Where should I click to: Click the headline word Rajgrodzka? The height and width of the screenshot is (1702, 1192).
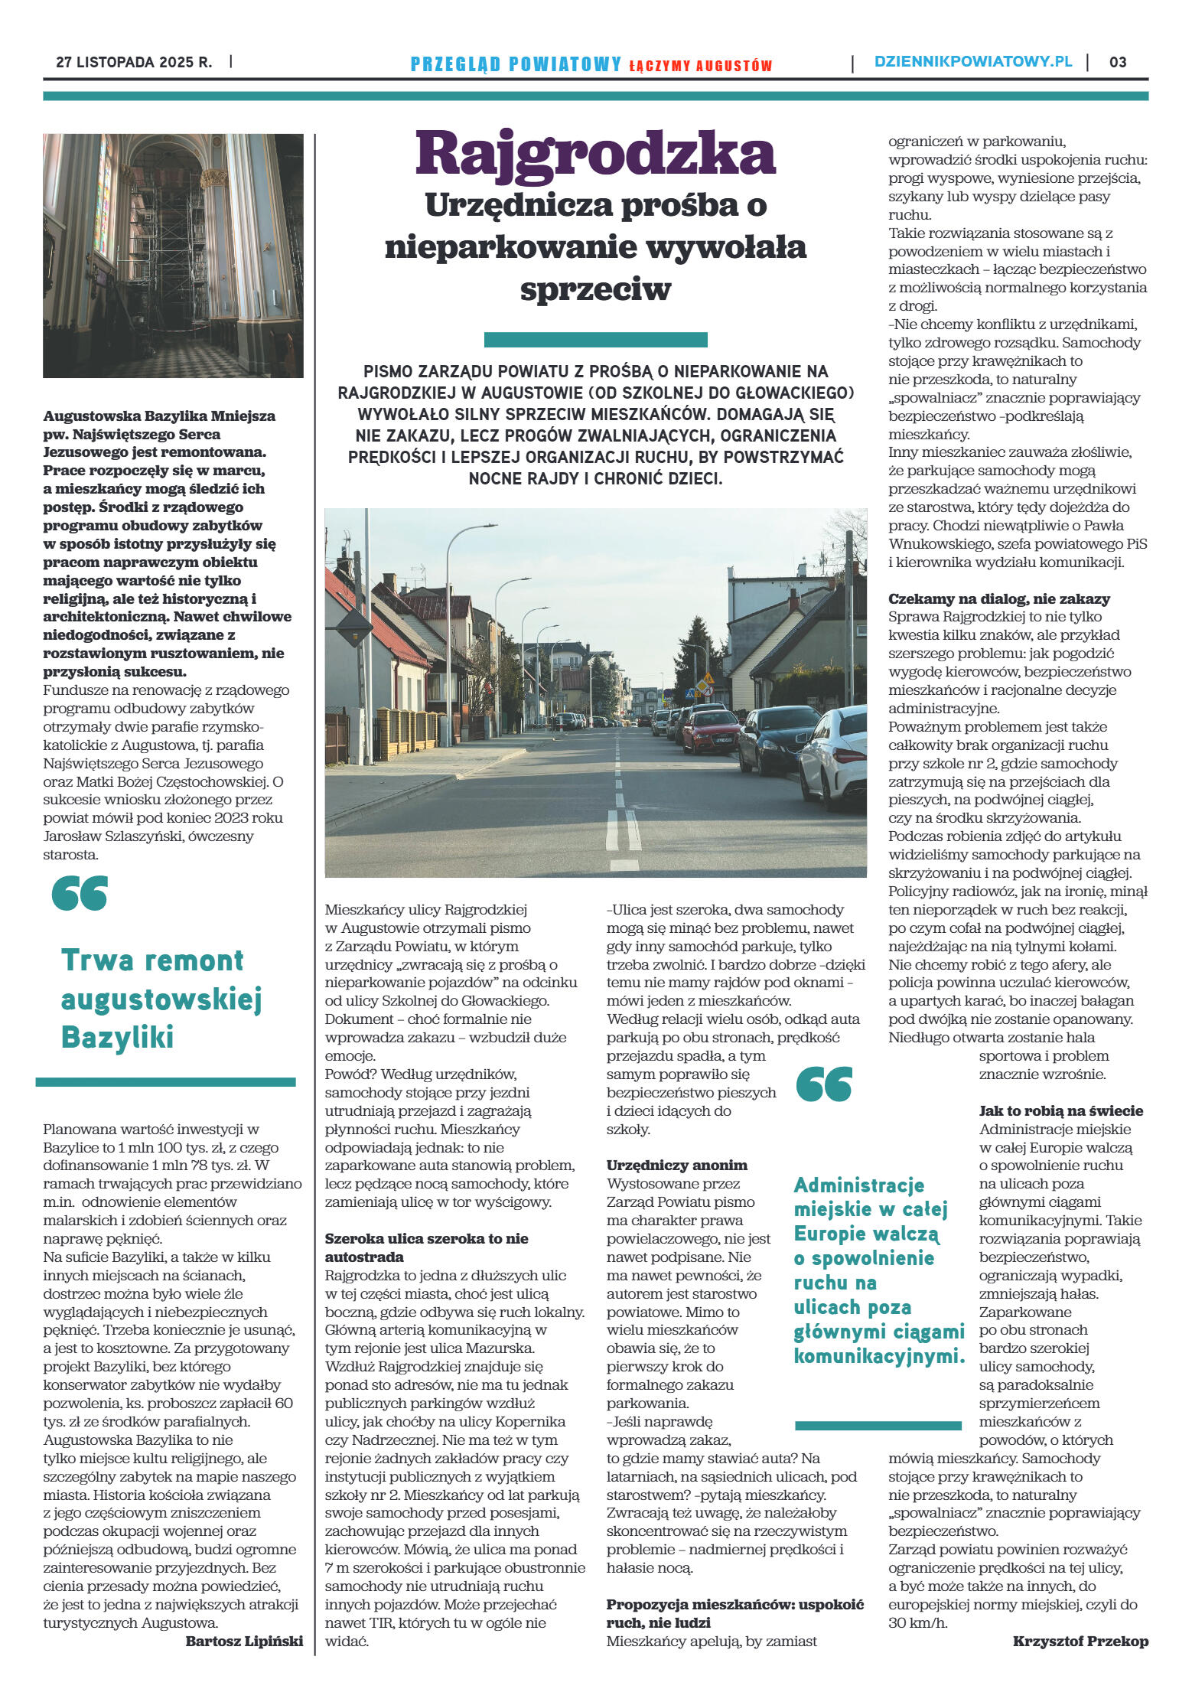tap(595, 155)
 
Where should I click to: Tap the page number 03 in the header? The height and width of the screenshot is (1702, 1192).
tap(1118, 62)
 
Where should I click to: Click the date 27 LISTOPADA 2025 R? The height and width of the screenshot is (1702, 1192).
tap(134, 62)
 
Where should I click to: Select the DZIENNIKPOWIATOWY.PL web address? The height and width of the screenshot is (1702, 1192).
tap(973, 62)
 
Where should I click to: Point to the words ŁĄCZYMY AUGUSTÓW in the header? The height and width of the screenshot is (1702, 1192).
tap(700, 66)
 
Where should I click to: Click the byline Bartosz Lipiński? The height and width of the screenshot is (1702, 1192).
tap(244, 1641)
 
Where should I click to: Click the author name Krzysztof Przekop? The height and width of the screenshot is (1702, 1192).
tap(1080, 1641)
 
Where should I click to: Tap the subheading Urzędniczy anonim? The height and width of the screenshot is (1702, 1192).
tap(676, 1165)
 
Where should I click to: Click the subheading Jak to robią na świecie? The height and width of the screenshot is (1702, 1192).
tap(1060, 1110)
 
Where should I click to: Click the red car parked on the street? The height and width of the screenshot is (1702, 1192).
tap(711, 730)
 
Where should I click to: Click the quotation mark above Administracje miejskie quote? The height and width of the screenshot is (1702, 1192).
tap(823, 1084)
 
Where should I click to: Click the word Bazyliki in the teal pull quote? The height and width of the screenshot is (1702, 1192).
tap(117, 1038)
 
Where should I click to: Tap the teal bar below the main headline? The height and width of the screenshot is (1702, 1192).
tap(595, 340)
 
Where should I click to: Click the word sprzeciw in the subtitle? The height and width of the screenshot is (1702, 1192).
tap(595, 289)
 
